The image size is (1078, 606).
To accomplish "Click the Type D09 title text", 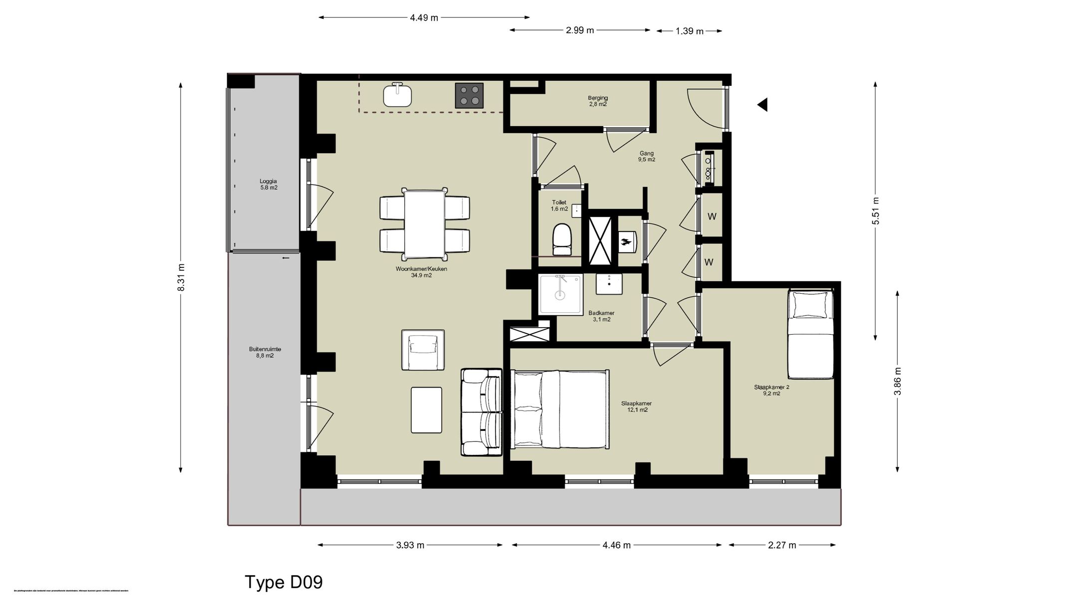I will point(283,582).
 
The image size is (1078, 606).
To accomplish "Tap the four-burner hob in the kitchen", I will point(469,95).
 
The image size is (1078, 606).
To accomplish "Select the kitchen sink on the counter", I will point(397,95).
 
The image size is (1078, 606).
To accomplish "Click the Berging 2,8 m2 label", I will point(597,101).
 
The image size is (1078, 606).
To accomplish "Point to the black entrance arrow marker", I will point(763,105).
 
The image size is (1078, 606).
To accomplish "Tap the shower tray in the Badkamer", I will point(560,294).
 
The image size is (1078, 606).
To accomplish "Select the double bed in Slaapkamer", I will point(559,409).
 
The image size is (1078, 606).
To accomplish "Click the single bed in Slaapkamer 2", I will point(810,335).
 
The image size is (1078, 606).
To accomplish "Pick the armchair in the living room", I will point(423,350).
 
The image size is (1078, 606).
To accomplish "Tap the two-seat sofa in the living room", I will point(481,412).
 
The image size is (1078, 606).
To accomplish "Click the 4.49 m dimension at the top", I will point(424,18).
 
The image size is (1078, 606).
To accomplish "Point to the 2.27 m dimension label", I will point(782,545).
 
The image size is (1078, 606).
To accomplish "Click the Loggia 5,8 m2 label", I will point(268,185).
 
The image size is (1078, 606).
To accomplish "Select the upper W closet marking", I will point(712,216).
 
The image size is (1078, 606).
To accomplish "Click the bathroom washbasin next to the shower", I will point(609,284).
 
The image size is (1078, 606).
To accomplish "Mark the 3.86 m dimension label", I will point(897,382).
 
